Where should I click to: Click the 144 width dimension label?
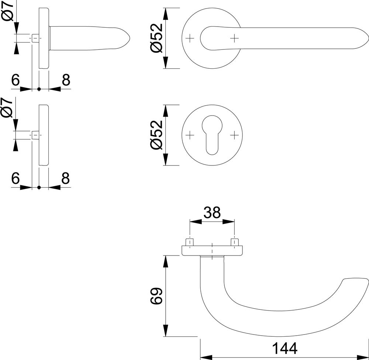tap(284, 348)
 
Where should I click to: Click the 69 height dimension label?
tap(156, 296)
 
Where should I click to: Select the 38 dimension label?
tap(212, 212)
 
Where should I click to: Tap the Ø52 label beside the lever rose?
tap(156, 38)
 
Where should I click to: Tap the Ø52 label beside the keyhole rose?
tap(156, 135)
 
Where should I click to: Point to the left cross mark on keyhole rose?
tap(190, 135)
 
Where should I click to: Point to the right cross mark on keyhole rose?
tap(234, 135)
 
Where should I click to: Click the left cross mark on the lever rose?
tap(190, 38)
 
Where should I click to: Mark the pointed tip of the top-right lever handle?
tap(367, 38)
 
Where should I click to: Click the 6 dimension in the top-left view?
tap(15, 80)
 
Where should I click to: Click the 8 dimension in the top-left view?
tap(65, 80)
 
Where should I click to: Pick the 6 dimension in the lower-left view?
tap(15, 178)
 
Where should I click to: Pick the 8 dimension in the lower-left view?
tap(65, 178)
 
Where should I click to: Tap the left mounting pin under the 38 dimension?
tap(190, 242)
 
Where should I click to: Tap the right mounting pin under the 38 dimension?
tap(234, 242)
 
